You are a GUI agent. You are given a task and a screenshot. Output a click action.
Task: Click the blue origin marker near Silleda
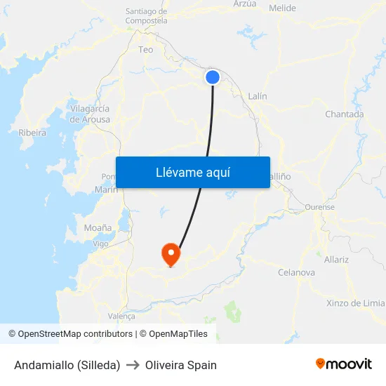tap(213, 77)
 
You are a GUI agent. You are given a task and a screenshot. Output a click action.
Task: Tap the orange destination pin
tap(171, 253)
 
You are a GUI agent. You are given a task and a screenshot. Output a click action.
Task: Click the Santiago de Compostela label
tap(146, 16)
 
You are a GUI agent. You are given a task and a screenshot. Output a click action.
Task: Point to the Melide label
tap(282, 8)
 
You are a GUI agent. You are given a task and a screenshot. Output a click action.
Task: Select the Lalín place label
tap(258, 96)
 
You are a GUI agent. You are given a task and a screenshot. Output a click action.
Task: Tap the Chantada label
tap(344, 114)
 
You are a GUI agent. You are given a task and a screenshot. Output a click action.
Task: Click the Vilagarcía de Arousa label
tap(90, 114)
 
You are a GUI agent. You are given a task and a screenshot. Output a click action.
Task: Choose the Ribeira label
tap(32, 133)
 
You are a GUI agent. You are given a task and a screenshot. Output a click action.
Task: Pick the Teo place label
tap(146, 50)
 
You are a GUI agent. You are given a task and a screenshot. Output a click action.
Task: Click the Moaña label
tap(98, 228)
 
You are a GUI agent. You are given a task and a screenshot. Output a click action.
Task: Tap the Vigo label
tap(100, 244)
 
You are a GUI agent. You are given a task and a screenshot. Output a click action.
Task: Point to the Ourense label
tap(320, 208)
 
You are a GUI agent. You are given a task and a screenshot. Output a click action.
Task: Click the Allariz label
tap(336, 260)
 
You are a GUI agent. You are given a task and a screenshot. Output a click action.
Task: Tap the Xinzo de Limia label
tap(355, 303)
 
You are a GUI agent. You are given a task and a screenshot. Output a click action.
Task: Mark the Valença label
tap(121, 317)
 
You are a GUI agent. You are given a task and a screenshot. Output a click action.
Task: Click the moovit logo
tap(343, 364)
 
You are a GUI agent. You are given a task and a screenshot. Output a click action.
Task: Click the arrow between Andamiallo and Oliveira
tap(133, 365)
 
